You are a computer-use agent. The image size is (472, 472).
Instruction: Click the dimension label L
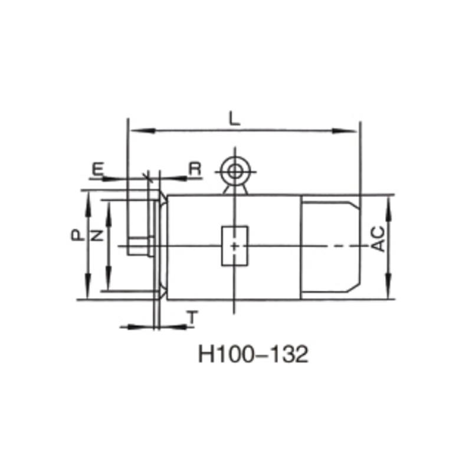pyautogui.click(x=235, y=118)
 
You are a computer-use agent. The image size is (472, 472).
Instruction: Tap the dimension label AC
pyautogui.click(x=381, y=238)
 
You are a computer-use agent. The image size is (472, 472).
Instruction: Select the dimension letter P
pyautogui.click(x=76, y=235)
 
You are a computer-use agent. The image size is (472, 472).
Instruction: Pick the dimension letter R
pyautogui.click(x=195, y=169)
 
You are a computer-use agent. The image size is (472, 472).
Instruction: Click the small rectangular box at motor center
pyautogui.click(x=235, y=245)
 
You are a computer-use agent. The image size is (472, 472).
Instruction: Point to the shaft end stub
pyautogui.click(x=140, y=245)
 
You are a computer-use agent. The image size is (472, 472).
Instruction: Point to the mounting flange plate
pyautogui.click(x=157, y=245)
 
